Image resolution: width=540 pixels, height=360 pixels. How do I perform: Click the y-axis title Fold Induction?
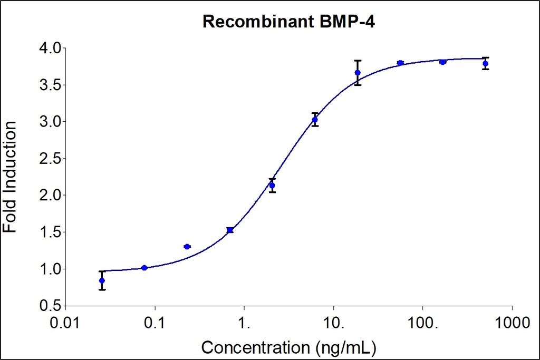point(10,177)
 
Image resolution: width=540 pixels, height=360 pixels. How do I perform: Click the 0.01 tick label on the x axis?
point(65,321)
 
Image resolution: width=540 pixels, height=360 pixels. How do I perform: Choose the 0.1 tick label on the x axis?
point(155,321)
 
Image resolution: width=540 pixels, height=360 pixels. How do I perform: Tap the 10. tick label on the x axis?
point(334,321)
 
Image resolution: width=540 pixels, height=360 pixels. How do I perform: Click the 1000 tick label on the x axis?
point(512,321)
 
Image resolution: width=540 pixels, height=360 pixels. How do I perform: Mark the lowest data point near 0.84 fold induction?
point(102,280)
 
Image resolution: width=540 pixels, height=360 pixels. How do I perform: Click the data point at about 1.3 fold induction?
point(187,247)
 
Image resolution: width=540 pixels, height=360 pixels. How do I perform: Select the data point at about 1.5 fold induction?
point(230,230)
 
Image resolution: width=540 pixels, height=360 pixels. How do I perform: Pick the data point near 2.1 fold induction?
point(272,185)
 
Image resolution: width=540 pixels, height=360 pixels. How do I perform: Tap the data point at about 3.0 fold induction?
point(315,120)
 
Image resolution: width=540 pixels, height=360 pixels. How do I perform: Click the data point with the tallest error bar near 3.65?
point(358,73)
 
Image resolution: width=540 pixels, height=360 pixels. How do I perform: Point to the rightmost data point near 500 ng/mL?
point(485,64)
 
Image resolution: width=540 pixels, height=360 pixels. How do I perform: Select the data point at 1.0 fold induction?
point(144,268)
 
